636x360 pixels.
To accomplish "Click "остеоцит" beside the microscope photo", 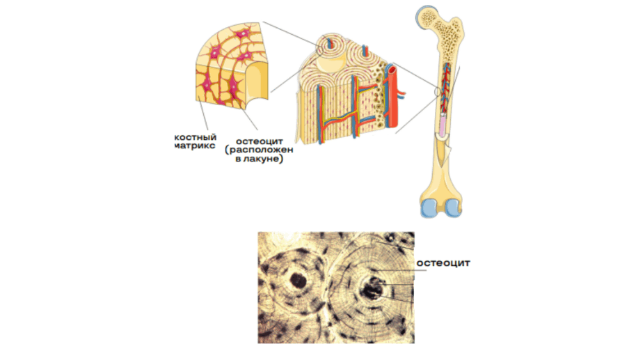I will (444, 263).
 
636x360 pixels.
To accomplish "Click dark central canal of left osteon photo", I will (298, 281).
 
